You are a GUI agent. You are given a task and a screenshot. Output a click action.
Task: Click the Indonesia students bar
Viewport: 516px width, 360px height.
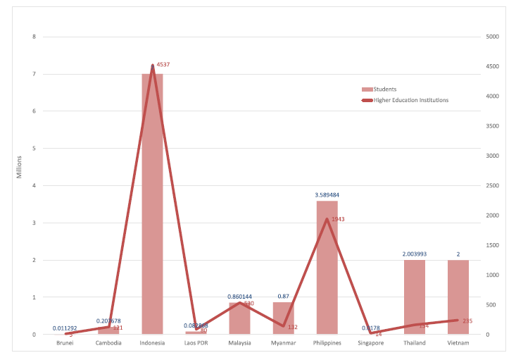152,211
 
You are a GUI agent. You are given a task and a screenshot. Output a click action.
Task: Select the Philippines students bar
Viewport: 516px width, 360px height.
327,282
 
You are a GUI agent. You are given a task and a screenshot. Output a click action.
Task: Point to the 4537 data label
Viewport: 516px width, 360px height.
163,65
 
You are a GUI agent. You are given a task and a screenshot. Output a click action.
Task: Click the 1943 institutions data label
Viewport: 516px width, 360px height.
338,219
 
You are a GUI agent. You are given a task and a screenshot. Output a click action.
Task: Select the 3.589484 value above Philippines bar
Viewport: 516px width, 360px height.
327,194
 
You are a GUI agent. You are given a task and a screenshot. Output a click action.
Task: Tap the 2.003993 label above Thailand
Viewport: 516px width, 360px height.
414,254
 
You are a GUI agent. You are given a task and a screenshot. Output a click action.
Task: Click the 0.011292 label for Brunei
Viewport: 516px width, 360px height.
65,328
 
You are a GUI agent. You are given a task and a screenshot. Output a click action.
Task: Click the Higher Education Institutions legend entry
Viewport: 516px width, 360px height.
410,100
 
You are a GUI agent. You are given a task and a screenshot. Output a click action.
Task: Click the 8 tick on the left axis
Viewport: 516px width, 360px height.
34,37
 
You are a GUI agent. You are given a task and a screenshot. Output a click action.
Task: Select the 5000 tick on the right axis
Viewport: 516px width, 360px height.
491,37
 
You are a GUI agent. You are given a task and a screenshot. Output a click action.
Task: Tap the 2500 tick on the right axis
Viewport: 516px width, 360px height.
491,185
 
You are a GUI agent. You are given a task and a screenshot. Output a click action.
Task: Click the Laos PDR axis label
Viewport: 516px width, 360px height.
196,343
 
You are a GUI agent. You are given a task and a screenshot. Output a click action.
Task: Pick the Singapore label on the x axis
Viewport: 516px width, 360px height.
370,343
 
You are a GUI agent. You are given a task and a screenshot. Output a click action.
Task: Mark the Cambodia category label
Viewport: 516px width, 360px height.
108,343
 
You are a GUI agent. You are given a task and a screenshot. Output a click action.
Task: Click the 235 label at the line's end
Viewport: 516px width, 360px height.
467,321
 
